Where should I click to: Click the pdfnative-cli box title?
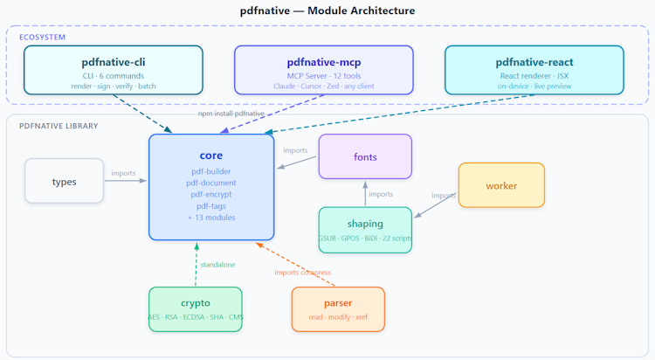(x=114, y=62)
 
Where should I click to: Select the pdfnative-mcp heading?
(x=324, y=62)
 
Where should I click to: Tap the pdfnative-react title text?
(x=534, y=62)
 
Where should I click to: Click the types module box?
(x=64, y=181)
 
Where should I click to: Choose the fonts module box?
(x=365, y=156)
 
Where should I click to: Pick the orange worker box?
(x=501, y=185)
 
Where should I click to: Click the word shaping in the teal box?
(x=365, y=224)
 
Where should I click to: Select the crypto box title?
(x=196, y=303)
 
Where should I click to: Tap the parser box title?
(x=338, y=303)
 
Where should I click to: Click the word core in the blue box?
(x=211, y=156)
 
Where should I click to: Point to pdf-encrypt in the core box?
(x=211, y=195)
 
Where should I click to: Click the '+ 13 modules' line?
(x=211, y=218)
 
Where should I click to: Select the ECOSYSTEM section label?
(x=42, y=38)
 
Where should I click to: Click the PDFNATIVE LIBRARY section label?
(x=59, y=126)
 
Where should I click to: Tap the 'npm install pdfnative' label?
(x=231, y=114)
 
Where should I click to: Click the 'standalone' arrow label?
(x=217, y=265)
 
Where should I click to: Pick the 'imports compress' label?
(x=302, y=273)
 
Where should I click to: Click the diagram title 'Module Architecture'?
(x=362, y=10)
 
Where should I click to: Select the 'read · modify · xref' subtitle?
(x=338, y=317)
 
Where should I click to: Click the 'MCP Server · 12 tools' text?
(x=324, y=76)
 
